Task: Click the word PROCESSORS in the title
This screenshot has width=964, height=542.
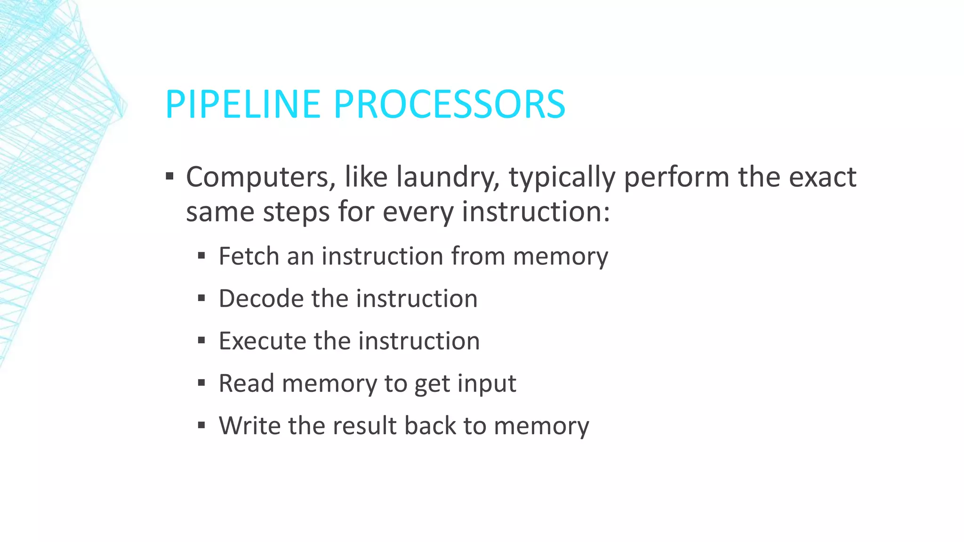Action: point(449,104)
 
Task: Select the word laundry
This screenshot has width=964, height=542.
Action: point(448,177)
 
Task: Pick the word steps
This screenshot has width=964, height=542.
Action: point(296,212)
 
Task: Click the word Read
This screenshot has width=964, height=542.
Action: point(247,383)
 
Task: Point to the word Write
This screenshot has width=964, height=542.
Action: point(249,426)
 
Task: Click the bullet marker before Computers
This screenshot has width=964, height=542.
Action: point(170,177)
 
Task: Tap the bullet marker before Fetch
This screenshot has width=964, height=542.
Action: point(201,256)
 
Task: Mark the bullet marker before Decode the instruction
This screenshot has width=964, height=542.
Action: point(201,298)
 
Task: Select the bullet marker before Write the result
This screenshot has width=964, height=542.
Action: point(201,425)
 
